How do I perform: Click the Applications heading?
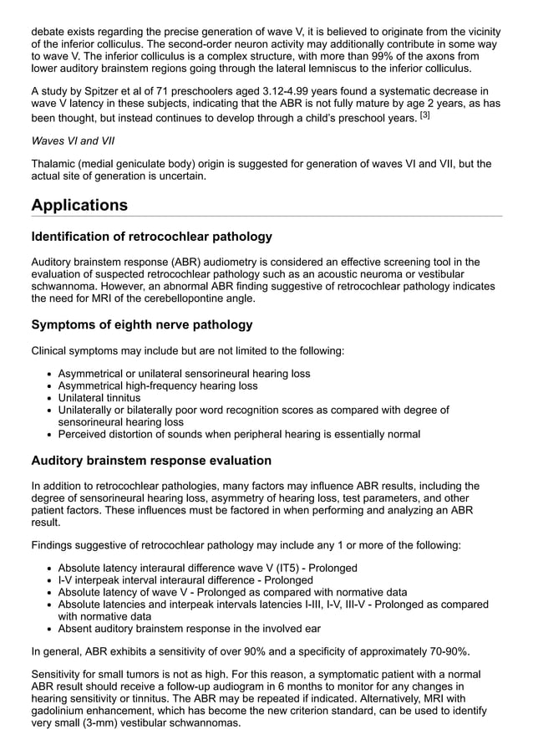79,205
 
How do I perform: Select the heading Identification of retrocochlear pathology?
151,237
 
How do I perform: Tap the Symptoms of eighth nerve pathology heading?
141,324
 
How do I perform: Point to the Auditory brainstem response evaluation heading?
151,461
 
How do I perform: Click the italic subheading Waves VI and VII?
73,141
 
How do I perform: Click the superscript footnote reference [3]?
424,115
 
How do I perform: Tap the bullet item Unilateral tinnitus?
99,398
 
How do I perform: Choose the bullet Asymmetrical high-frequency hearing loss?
158,386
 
